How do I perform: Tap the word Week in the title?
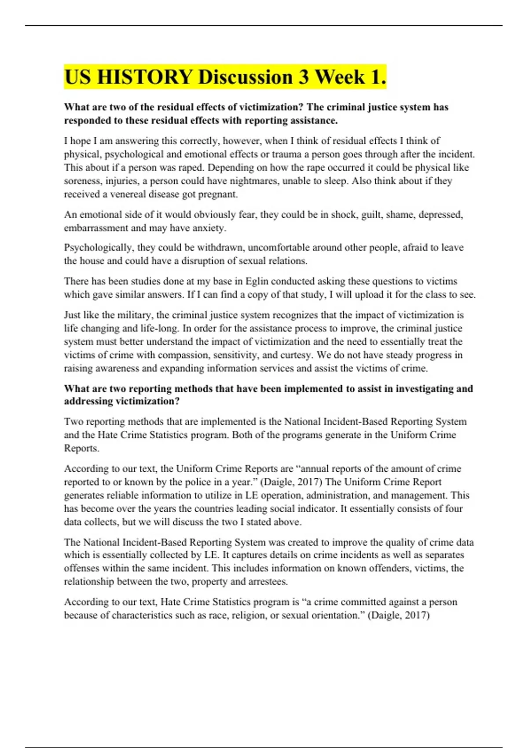(x=340, y=77)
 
